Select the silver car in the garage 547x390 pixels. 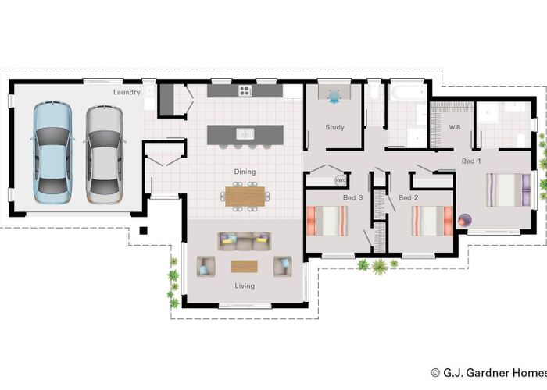click(x=104, y=151)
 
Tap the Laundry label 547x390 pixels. click(x=127, y=92)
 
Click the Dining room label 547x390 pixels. click(x=245, y=172)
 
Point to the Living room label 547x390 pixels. click(x=245, y=285)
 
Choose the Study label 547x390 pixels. click(x=334, y=127)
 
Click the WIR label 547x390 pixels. click(x=455, y=126)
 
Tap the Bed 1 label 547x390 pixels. click(x=471, y=161)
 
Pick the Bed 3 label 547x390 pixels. click(x=353, y=198)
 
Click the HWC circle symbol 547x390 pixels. click(x=341, y=180)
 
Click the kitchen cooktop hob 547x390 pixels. click(x=245, y=90)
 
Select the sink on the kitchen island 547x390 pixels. click(x=245, y=133)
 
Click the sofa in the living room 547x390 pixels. click(x=245, y=241)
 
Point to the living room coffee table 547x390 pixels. click(x=245, y=265)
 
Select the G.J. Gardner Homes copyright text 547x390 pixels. click(x=487, y=374)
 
